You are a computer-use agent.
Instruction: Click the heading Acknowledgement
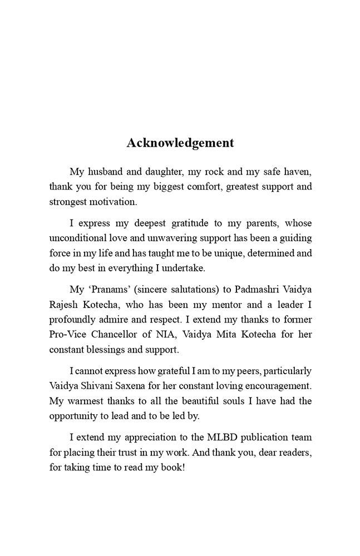(x=180, y=143)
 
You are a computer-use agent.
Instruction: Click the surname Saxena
(x=142, y=385)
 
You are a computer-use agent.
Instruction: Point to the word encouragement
(x=278, y=385)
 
